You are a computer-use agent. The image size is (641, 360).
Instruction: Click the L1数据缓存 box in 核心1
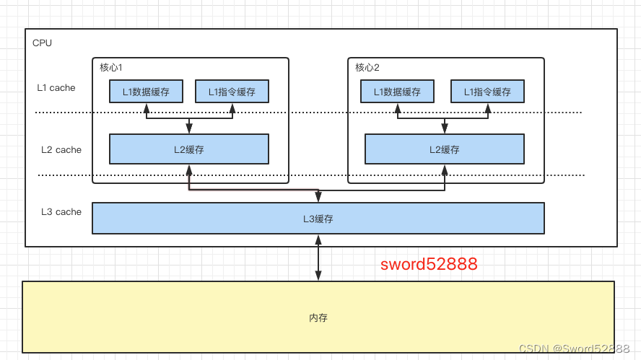pyautogui.click(x=146, y=92)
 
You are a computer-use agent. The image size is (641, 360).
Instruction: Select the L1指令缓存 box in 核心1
pyautogui.click(x=232, y=92)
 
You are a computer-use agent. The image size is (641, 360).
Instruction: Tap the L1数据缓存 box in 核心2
pyautogui.click(x=396, y=92)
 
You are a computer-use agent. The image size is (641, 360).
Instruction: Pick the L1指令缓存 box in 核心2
pyautogui.click(x=487, y=92)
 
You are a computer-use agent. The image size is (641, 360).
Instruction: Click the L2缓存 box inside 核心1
pyautogui.click(x=188, y=149)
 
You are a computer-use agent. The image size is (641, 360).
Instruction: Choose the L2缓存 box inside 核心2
pyautogui.click(x=444, y=149)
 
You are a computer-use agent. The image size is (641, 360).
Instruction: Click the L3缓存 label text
pyautogui.click(x=318, y=219)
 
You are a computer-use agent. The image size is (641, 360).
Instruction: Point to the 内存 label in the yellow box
pyautogui.click(x=318, y=317)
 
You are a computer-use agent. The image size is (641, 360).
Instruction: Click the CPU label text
pyautogui.click(x=42, y=43)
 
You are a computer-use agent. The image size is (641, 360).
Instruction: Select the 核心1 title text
pyautogui.click(x=111, y=67)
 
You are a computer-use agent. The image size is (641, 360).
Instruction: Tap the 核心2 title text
pyautogui.click(x=367, y=67)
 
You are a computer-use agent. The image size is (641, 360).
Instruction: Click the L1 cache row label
pyautogui.click(x=56, y=88)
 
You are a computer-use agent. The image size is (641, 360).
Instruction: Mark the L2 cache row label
pyautogui.click(x=61, y=150)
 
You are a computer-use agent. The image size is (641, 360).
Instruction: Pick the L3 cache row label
pyautogui.click(x=61, y=212)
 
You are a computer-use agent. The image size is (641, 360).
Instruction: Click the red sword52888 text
pyautogui.click(x=429, y=264)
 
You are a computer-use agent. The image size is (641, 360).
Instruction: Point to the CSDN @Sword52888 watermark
pyautogui.click(x=574, y=348)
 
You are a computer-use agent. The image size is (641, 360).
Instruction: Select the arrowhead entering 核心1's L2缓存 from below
pyautogui.click(x=188, y=170)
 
